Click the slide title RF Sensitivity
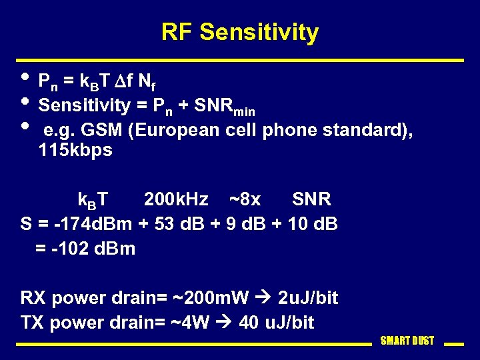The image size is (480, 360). [240, 32]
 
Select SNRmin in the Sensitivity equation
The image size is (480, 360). [225, 105]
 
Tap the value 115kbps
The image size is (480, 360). [75, 151]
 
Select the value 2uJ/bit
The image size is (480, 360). [308, 298]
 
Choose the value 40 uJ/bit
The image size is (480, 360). [276, 323]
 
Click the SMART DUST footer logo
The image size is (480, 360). [407, 341]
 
